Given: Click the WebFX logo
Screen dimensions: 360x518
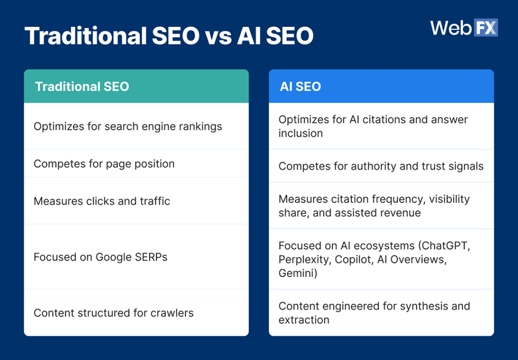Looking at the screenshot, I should (464, 28).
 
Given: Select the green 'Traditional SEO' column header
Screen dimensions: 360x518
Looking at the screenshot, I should (136, 86).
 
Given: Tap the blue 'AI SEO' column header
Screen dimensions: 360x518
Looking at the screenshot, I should (381, 86).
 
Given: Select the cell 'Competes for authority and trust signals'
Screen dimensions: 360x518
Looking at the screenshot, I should (380, 166).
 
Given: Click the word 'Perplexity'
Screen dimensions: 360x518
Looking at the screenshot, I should (303, 259).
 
